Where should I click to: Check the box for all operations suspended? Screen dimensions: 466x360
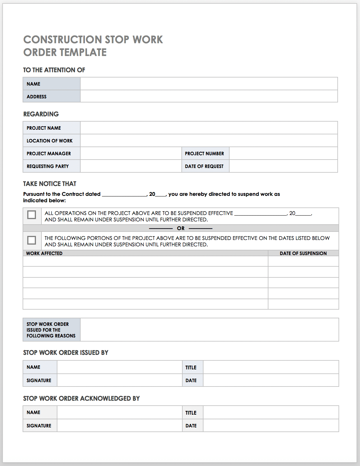tap(32, 215)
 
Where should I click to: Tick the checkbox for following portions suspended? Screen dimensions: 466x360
tap(32, 240)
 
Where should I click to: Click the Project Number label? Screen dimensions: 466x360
tap(204, 153)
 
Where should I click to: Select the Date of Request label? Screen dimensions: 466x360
tap(204, 166)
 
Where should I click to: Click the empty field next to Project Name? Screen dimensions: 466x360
tap(209, 128)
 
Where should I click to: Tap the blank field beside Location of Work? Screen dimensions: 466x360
tap(209, 141)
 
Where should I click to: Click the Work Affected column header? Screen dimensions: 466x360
tap(44, 253)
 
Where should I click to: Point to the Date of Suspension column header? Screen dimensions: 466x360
tap(303, 253)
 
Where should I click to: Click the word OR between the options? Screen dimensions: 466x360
tap(181, 228)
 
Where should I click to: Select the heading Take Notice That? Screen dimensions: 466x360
tap(50, 184)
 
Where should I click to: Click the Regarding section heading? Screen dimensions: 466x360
tap(41, 114)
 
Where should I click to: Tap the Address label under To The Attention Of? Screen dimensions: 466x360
tap(37, 97)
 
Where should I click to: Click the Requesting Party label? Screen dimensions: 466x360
tap(48, 166)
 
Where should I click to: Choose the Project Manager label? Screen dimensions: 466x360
tap(49, 153)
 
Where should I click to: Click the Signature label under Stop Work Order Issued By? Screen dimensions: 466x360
tap(39, 380)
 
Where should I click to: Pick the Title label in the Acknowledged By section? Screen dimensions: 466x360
tap(191, 413)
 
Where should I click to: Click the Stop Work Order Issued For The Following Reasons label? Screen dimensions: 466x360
tap(51, 330)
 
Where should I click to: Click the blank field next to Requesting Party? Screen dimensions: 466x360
tap(131, 166)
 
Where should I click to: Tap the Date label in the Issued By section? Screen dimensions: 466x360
tap(191, 380)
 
